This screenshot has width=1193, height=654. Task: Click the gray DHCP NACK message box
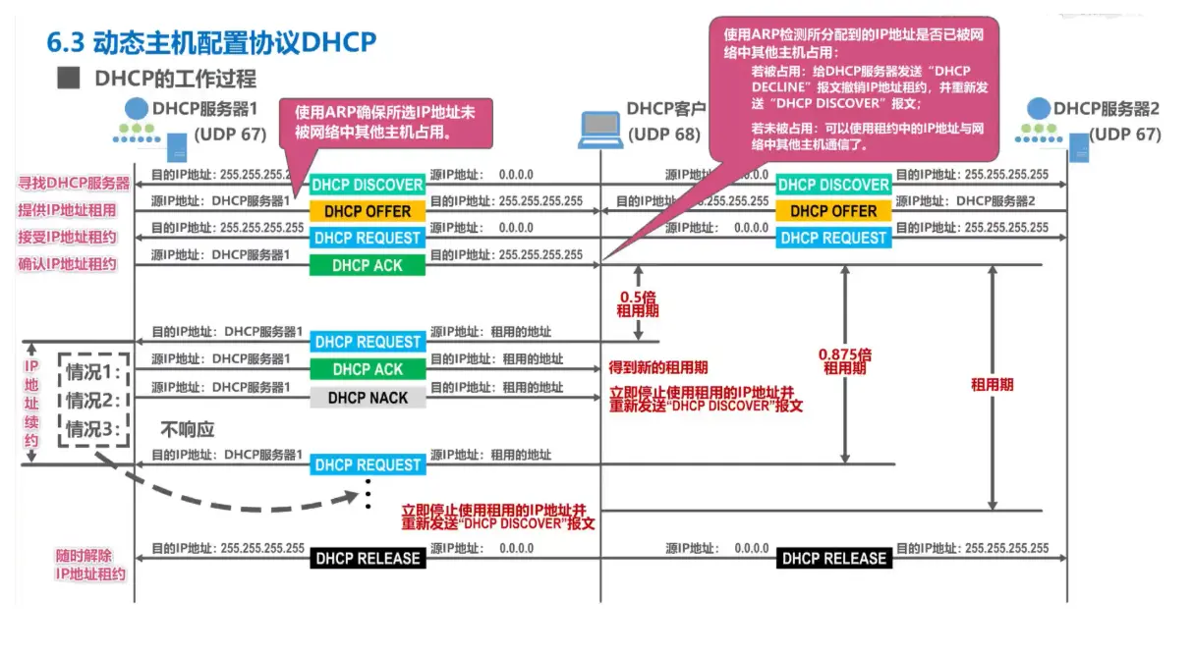(x=368, y=398)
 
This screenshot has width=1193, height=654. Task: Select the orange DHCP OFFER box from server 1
(x=368, y=211)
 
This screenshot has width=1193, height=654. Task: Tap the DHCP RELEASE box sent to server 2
(x=833, y=559)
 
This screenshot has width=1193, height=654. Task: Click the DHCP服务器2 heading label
(x=1107, y=108)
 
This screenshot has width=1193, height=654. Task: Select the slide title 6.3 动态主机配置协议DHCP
(x=212, y=43)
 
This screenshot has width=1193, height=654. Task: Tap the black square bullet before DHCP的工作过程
(x=68, y=78)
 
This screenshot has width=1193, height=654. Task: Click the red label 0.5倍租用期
(x=638, y=302)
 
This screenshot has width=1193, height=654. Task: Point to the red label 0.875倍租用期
(x=844, y=361)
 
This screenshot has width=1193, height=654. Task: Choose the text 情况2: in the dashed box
(x=92, y=401)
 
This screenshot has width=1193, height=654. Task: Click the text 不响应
(x=187, y=429)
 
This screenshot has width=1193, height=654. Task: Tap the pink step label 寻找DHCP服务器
(x=74, y=184)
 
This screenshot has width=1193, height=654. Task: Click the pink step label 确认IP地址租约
(x=67, y=264)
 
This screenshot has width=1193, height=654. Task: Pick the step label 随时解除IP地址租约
(x=90, y=565)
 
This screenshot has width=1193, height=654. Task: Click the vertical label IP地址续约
(x=31, y=403)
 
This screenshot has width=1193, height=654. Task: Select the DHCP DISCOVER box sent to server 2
(x=833, y=185)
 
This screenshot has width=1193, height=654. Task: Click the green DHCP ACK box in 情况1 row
(x=368, y=369)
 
